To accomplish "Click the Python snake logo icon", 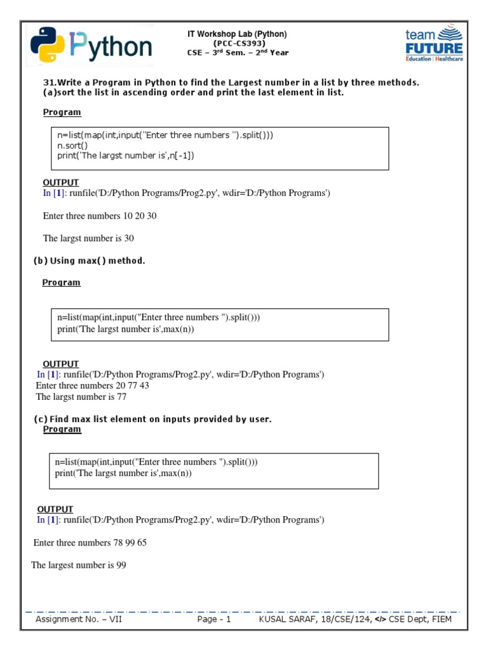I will pyautogui.click(x=47, y=45).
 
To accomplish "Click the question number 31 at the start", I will pyautogui.click(x=48, y=83).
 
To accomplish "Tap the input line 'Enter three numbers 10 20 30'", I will pyautogui.click(x=100, y=216).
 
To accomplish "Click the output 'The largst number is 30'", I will pyautogui.click(x=88, y=238).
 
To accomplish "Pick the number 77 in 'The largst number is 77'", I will pyautogui.click(x=121, y=397).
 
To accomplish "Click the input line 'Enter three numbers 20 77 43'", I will pyautogui.click(x=93, y=385).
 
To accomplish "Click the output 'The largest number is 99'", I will pyautogui.click(x=79, y=565).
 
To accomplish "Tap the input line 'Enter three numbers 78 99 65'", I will pyautogui.click(x=90, y=543).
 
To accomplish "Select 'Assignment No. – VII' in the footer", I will pyautogui.click(x=79, y=619).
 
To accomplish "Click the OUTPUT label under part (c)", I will pyautogui.click(x=55, y=509).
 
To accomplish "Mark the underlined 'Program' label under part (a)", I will pyautogui.click(x=62, y=113).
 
